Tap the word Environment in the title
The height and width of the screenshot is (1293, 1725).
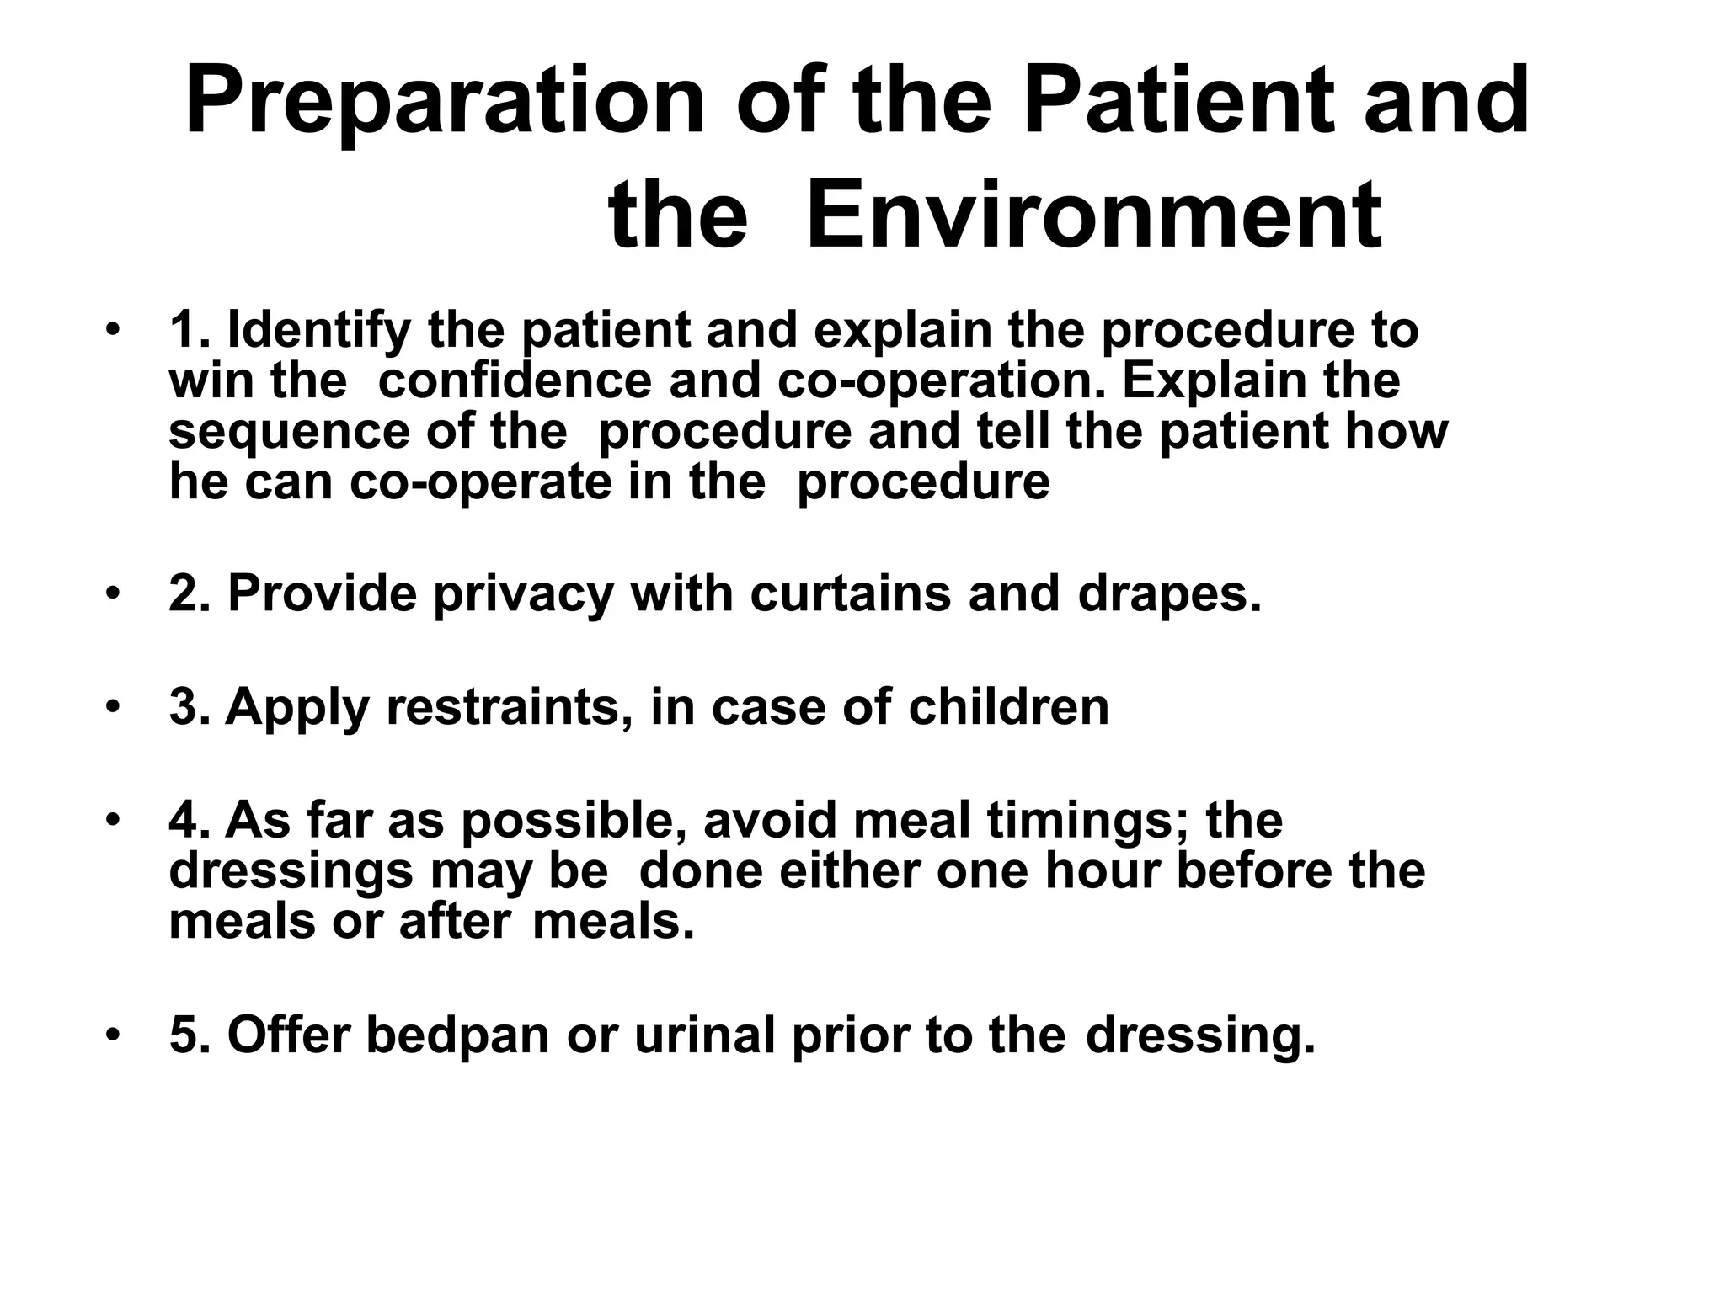coord(1093,215)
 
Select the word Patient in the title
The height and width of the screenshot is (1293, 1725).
coord(1178,101)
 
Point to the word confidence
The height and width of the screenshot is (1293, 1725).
coord(515,380)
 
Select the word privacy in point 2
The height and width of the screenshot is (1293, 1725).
coord(523,594)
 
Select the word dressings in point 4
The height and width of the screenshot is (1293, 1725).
coord(291,872)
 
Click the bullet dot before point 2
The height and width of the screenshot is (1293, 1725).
coord(113,593)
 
